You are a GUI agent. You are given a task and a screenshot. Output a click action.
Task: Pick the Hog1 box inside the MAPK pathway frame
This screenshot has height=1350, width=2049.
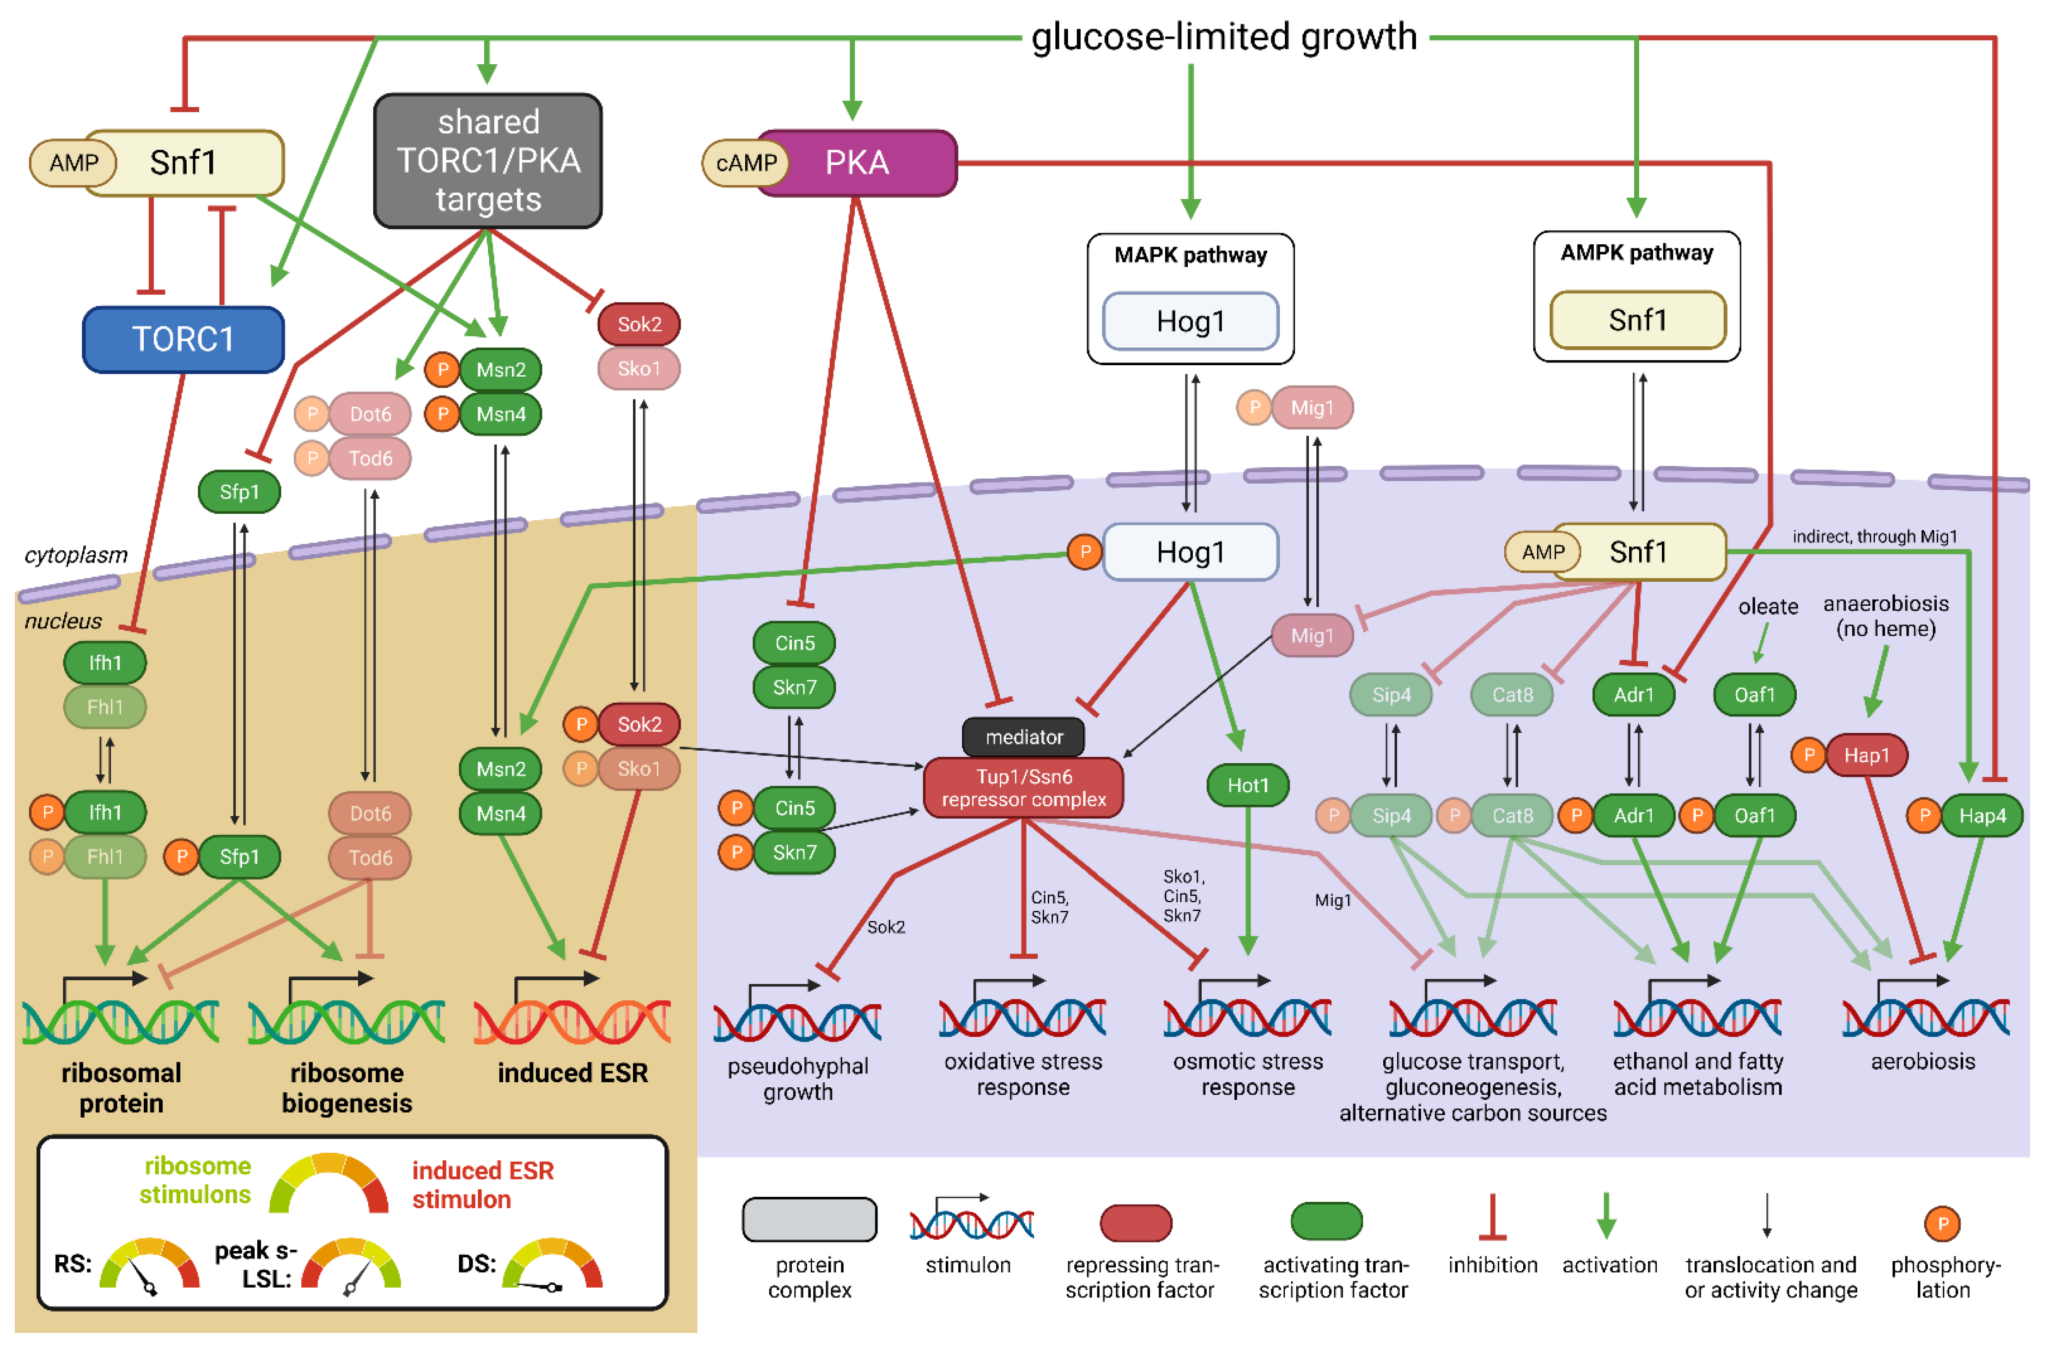(1190, 321)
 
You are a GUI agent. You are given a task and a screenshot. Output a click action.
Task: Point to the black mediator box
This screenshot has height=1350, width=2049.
(1023, 737)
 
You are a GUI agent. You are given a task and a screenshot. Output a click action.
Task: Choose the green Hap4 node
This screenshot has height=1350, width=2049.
(1981, 815)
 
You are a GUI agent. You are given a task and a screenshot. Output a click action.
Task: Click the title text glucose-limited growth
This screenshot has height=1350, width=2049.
(1224, 37)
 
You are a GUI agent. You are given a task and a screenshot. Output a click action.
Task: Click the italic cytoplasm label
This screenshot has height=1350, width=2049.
(76, 554)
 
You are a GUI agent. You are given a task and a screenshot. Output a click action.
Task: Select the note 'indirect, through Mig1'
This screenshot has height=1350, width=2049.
(1874, 536)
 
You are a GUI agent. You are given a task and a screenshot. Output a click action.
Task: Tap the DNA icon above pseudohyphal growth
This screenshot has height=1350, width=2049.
(797, 1016)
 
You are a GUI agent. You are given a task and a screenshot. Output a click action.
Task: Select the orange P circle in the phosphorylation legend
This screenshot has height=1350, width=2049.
(1942, 1223)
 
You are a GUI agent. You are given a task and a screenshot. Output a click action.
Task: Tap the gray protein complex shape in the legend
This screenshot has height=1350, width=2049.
(809, 1220)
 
